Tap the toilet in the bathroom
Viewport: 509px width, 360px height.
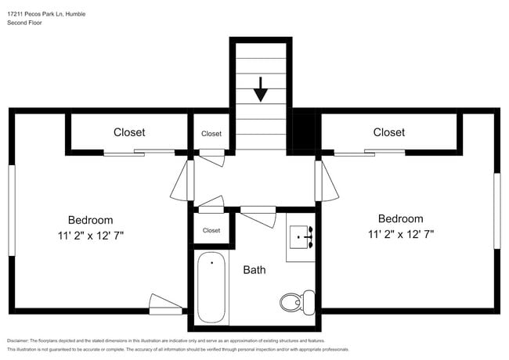tap(294, 301)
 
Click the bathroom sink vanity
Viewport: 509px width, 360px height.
tap(301, 236)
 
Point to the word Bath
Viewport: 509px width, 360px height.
tap(254, 270)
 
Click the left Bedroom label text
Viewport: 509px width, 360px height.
tap(90, 220)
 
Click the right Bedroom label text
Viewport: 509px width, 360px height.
tap(400, 219)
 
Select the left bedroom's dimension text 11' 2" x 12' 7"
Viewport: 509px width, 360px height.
tap(90, 234)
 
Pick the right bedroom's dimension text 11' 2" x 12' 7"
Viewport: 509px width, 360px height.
tap(400, 233)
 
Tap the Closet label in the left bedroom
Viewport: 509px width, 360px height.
tap(129, 132)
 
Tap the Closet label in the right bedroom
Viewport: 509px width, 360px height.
tap(388, 132)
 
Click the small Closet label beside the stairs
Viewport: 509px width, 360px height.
tap(211, 134)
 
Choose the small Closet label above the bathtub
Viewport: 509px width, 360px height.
tap(211, 230)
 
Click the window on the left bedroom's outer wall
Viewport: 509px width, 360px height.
tap(11, 210)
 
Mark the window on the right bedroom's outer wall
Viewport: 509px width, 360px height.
tap(496, 211)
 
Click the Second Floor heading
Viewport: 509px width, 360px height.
tap(25, 23)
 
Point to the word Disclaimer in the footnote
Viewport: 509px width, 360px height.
tap(21, 341)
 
